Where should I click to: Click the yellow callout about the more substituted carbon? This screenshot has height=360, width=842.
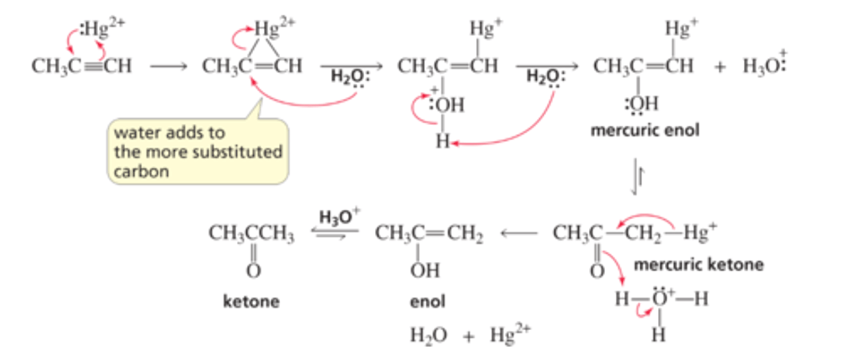click(198, 151)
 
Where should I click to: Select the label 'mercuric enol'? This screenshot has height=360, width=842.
click(644, 130)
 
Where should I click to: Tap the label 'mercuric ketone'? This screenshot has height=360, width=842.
click(698, 265)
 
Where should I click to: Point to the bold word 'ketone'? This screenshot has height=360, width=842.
click(251, 302)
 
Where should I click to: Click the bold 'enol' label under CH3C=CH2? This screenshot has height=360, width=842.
click(427, 302)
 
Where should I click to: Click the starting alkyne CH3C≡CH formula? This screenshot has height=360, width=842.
click(81, 66)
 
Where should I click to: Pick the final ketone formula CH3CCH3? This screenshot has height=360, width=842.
click(251, 234)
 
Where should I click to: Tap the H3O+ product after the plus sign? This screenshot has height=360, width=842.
click(764, 65)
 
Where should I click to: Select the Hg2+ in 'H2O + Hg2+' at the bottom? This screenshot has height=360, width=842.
click(510, 335)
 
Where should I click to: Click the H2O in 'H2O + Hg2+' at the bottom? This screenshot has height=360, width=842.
click(428, 335)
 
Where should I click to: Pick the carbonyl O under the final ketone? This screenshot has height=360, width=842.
click(253, 271)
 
